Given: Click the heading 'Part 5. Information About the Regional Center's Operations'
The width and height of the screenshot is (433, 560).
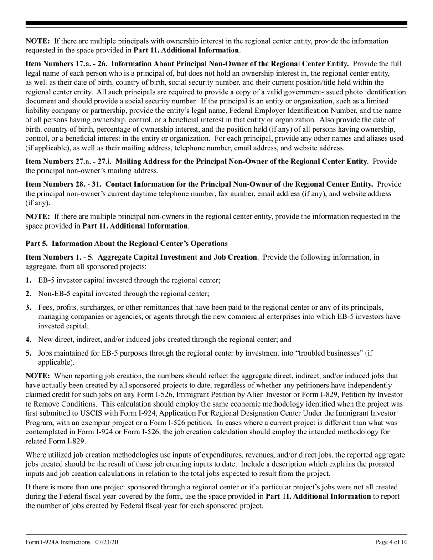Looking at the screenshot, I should coord(126,244).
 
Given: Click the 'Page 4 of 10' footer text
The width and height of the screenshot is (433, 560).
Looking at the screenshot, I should coord(391,542).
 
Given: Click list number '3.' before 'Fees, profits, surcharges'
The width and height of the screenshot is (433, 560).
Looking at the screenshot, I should coord(29,307).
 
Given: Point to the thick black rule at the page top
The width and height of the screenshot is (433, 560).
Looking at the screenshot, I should coord(216,24).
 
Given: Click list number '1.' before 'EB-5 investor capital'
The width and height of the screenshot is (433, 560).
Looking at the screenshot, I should coord(29,280).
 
